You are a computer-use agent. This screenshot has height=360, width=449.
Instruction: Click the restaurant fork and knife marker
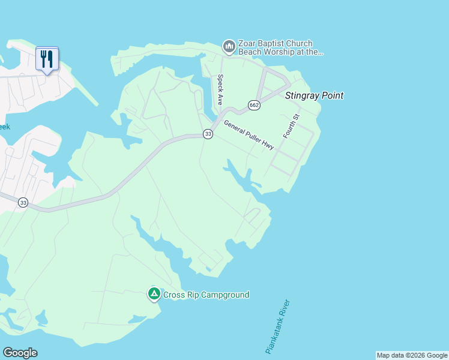click(x=47, y=59)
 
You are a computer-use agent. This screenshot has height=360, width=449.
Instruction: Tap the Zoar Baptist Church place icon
click(x=229, y=46)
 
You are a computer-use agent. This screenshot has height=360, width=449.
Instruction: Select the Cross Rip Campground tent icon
click(x=154, y=294)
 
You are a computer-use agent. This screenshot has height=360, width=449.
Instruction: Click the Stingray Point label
click(x=314, y=95)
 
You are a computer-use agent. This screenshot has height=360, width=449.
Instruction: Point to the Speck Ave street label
click(x=220, y=89)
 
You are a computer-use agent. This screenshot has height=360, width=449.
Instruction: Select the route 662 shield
click(x=255, y=105)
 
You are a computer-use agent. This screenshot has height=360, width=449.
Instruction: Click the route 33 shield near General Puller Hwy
click(x=208, y=134)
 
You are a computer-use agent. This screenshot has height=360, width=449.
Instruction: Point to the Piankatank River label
click(x=277, y=326)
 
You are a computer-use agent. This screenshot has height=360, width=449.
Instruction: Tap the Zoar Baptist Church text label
click(x=276, y=43)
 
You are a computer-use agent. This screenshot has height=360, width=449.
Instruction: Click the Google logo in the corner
click(x=20, y=353)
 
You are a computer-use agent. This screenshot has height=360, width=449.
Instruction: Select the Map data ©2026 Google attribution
click(x=412, y=355)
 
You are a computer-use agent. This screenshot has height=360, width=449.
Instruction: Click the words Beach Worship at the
click(x=281, y=52)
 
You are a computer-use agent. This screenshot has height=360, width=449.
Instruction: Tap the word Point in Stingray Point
click(x=331, y=95)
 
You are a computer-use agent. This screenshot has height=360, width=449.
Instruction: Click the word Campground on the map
click(x=224, y=295)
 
